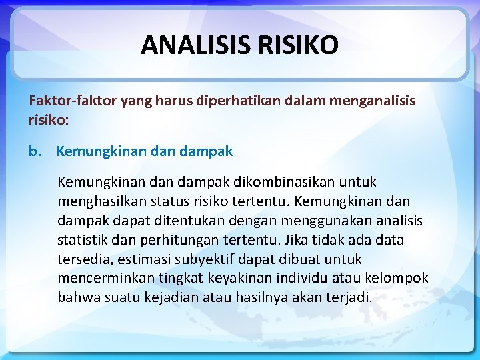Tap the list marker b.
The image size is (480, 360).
pos(35,151)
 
